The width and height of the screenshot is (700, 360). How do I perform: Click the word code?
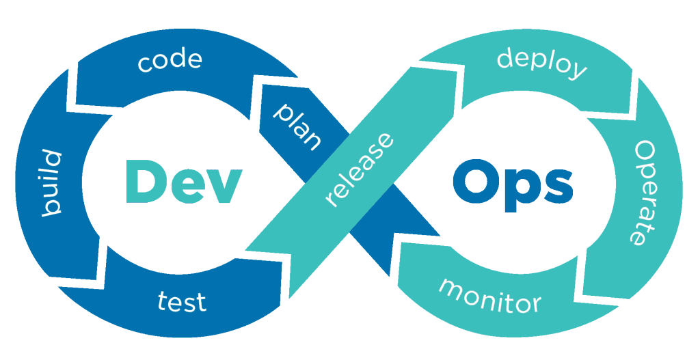[170, 61]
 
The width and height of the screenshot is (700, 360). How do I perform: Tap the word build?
[52, 183]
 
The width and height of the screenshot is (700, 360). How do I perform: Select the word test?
[182, 301]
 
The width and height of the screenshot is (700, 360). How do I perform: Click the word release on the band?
[360, 169]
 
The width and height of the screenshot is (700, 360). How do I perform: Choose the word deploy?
[542, 65]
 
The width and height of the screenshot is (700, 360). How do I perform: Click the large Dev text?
[184, 182]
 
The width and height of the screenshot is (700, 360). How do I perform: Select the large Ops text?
[513, 186]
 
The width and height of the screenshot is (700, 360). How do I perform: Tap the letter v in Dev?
[224, 187]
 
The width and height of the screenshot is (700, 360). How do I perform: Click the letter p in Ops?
[520, 191]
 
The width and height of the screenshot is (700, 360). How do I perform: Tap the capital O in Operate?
[645, 152]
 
